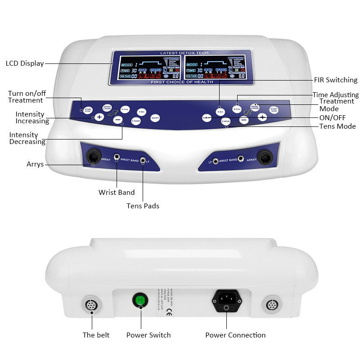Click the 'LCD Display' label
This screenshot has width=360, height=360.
point(25,63)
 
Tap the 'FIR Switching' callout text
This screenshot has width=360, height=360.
point(335,80)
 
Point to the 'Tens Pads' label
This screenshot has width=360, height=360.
point(143,206)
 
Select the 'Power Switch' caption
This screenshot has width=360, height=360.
point(148,335)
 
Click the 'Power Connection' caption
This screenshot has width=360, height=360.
point(235,335)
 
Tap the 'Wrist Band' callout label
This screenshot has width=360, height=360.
point(117,192)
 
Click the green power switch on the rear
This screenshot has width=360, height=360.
point(140,300)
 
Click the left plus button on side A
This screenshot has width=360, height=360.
point(99,117)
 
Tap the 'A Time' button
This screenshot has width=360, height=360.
point(125,109)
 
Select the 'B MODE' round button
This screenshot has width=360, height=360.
point(226,121)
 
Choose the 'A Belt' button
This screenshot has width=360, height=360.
point(141,111)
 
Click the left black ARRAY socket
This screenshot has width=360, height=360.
point(93,157)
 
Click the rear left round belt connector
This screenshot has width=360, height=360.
point(92,304)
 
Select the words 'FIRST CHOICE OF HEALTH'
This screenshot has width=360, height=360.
point(182,82)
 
